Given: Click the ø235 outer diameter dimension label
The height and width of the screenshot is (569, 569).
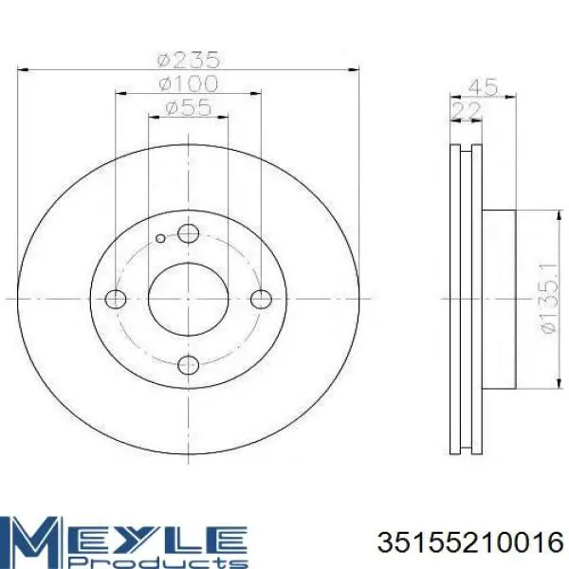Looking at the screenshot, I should click(187, 57).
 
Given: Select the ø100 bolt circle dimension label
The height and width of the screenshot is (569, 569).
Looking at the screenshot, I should click(187, 83).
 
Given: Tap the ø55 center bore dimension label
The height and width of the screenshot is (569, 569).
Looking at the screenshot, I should click(187, 107).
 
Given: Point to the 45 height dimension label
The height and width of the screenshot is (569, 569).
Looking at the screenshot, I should click(483, 87).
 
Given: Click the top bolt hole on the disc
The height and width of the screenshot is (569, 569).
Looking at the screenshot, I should click(189, 234).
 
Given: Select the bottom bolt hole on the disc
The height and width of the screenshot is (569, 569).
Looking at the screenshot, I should click(189, 363).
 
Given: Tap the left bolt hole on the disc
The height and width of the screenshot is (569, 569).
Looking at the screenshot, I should click(116, 299).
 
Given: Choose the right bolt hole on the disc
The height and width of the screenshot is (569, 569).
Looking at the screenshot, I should click(261, 299).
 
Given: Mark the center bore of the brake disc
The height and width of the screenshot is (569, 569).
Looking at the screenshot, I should click(189, 299).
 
